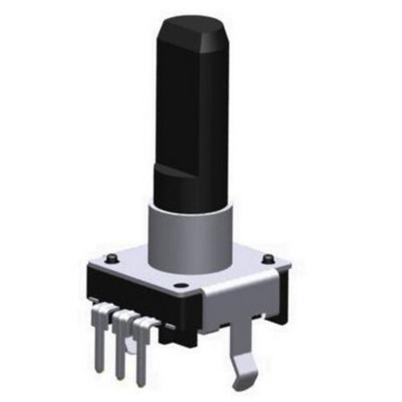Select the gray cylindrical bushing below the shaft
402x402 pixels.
(x=187, y=237)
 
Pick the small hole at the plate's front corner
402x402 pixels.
(x=183, y=285)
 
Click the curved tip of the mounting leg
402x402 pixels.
(x=242, y=370)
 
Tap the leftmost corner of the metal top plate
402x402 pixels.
(x=90, y=266)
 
